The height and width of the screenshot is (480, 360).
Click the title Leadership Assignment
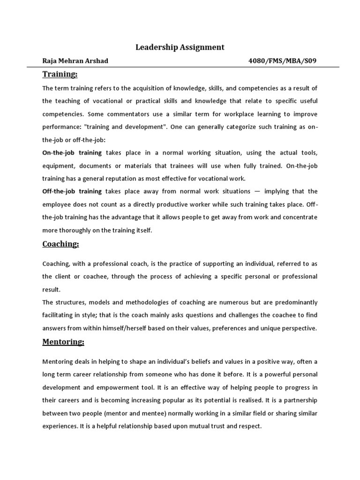(180, 47)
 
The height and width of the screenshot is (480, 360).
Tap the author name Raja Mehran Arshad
(75, 61)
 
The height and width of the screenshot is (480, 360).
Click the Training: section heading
(60, 74)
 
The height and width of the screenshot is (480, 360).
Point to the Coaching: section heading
(61, 244)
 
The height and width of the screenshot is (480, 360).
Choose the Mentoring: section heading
(63, 342)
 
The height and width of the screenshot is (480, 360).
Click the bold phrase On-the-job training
(72, 153)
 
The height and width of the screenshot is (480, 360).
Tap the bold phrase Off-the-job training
(72, 191)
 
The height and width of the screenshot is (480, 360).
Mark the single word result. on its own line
(52, 290)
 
